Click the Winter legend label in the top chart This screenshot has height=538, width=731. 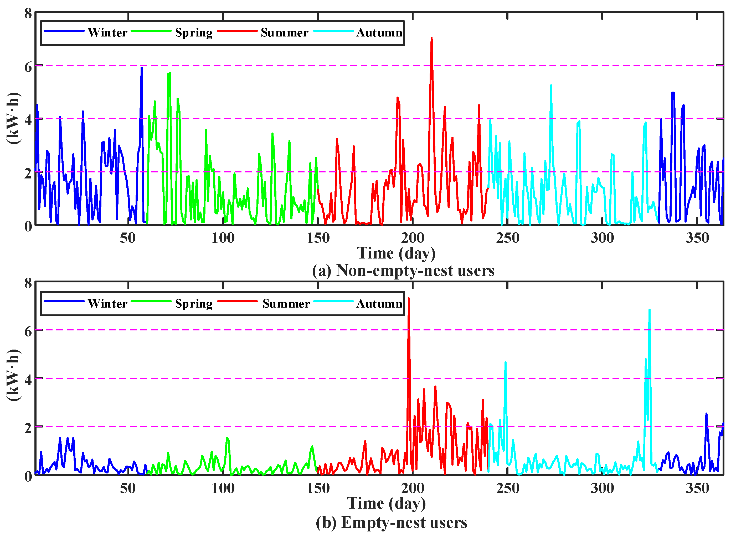click(x=107, y=33)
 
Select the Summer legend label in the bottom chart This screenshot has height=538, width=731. click(x=286, y=304)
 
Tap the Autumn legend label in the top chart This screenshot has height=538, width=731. click(x=379, y=33)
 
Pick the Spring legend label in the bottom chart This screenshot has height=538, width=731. click(x=194, y=304)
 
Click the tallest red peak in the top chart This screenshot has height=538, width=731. click(x=431, y=38)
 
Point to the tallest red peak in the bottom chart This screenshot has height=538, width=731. click(x=409, y=299)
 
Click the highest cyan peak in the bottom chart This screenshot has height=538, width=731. click(x=649, y=310)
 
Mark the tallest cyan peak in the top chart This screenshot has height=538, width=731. click(x=551, y=86)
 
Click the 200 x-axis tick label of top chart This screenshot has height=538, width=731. click(x=413, y=238)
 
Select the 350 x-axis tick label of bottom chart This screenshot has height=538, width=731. click(x=697, y=488)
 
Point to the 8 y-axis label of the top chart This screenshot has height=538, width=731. click(x=28, y=14)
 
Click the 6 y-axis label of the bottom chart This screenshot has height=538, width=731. click(x=28, y=331)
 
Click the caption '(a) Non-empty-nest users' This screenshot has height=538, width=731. click(x=403, y=270)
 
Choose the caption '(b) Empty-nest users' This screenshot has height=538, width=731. click(x=391, y=522)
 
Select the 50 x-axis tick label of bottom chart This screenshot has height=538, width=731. click(x=127, y=488)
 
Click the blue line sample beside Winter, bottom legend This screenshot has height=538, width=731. click(x=64, y=302)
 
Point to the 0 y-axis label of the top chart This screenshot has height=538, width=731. click(x=28, y=226)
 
